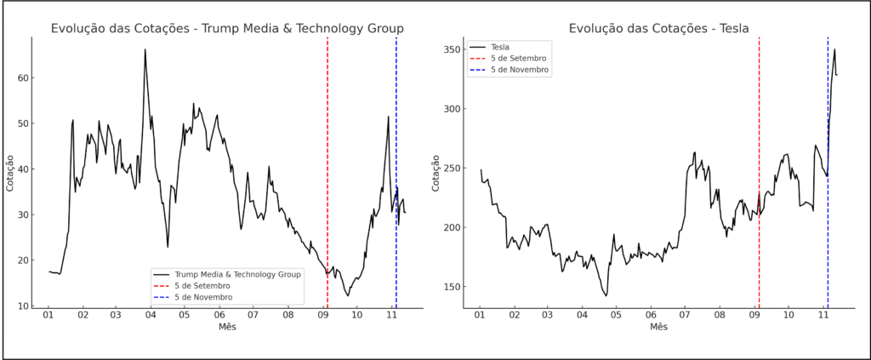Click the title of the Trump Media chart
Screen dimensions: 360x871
point(227,28)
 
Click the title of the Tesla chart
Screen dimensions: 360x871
point(658,28)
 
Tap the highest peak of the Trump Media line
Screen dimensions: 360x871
point(145,49)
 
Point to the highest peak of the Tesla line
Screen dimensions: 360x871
point(834,49)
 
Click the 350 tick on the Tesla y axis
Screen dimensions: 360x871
point(452,49)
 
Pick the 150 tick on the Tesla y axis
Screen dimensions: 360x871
point(452,287)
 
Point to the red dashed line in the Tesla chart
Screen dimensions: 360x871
point(759,128)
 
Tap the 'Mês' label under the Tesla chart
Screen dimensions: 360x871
point(658,327)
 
